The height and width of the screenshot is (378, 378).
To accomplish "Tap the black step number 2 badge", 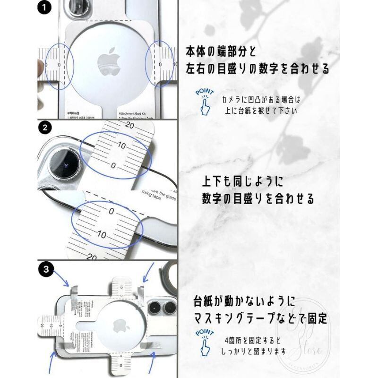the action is pyautogui.click(x=45, y=128).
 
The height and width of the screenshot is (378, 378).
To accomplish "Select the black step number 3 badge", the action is pyautogui.click(x=45, y=270).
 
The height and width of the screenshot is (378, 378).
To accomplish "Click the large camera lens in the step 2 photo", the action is pyautogui.click(x=64, y=164).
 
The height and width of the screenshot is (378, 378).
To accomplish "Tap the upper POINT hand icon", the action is pyautogui.click(x=205, y=102).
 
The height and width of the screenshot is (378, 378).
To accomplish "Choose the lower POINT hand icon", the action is pyautogui.click(x=205, y=343).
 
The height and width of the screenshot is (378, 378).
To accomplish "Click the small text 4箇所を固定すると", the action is pyautogui.click(x=253, y=340).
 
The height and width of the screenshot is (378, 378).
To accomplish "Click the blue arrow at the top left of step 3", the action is pyautogui.click(x=61, y=278).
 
